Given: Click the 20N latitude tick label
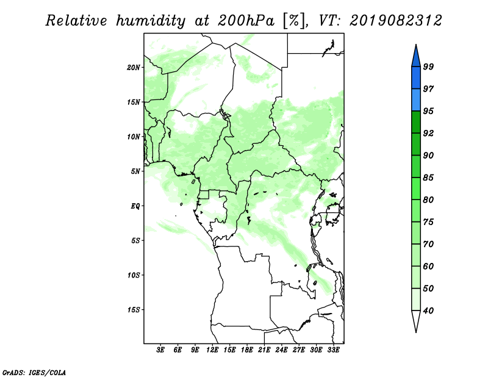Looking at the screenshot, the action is click(x=134, y=67).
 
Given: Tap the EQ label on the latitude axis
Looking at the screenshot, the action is click(x=135, y=206).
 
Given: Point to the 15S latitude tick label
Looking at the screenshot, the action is click(x=134, y=310).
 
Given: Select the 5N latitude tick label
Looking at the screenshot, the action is click(x=135, y=171).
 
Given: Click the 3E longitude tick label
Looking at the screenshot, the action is click(x=160, y=350).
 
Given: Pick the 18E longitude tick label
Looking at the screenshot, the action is click(x=247, y=350).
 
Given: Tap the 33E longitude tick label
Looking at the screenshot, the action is click(x=333, y=350).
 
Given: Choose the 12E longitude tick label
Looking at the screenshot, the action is click(x=212, y=350).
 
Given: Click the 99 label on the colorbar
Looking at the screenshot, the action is click(x=428, y=66).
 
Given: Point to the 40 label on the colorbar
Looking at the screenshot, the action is click(x=428, y=311).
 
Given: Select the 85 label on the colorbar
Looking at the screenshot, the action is click(x=428, y=178).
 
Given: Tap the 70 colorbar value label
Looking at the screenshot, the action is click(x=428, y=244).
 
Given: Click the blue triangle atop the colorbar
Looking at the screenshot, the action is click(x=416, y=57).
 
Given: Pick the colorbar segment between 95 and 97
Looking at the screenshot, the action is click(x=416, y=100).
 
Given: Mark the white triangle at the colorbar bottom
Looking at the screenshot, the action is click(x=416, y=320).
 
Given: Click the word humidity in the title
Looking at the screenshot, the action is click(x=150, y=21).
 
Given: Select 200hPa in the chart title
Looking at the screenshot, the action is click(x=246, y=21).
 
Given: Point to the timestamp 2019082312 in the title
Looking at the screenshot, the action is click(x=395, y=21).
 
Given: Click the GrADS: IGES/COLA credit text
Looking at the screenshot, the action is click(x=34, y=372).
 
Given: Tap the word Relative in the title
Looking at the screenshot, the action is click(x=76, y=21).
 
